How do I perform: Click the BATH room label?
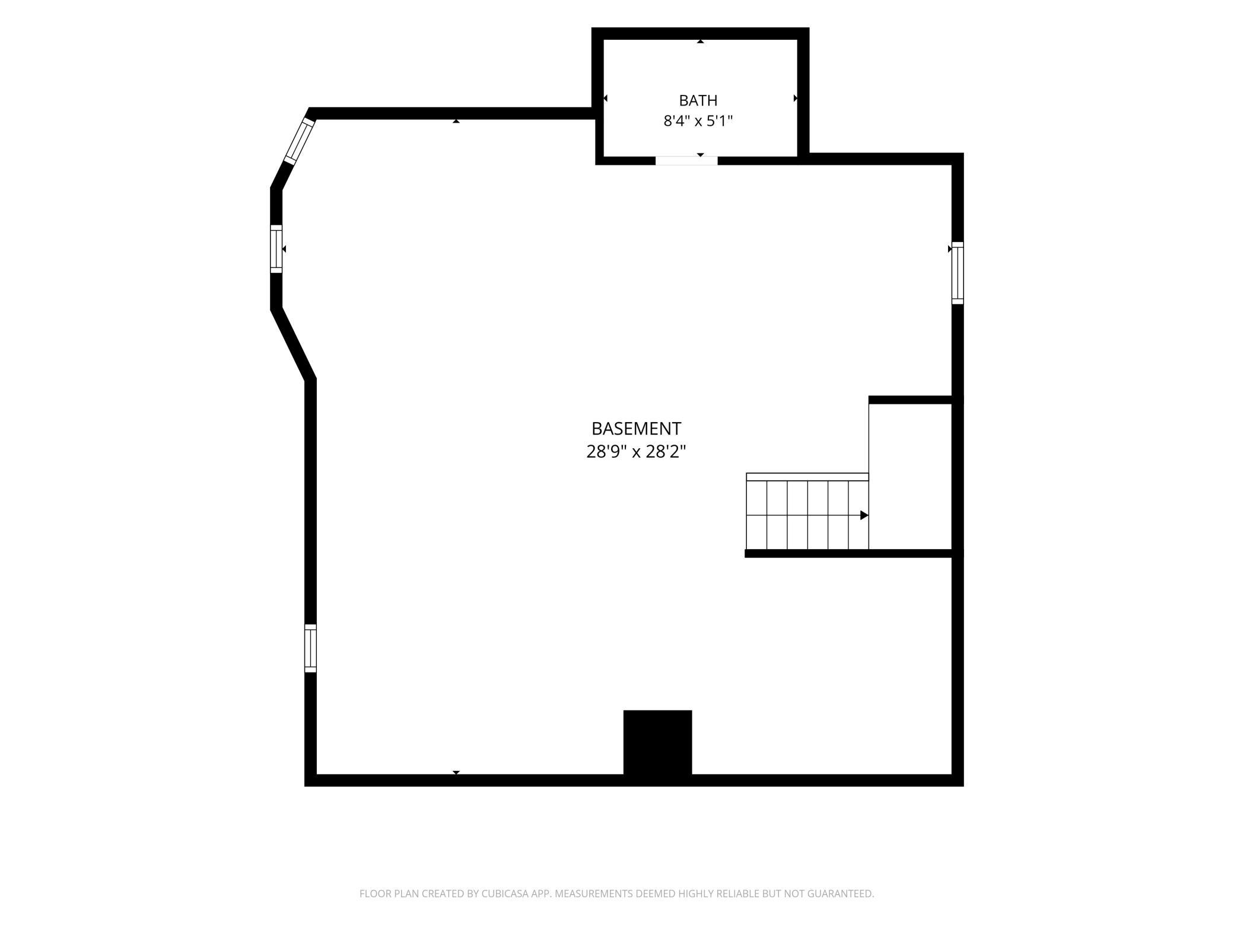pos(698,100)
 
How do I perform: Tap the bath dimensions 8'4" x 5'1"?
pos(698,121)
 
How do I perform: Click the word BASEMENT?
pos(636,428)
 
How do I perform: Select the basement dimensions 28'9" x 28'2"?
pos(636,452)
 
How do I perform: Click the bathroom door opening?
pos(686,161)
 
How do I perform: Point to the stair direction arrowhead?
pos(864,515)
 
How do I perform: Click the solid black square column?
pos(657,742)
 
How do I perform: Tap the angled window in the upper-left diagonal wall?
pos(299,141)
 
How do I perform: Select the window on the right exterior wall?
pos(958,273)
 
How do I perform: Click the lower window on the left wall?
pos(310,648)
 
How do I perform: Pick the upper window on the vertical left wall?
pos(276,249)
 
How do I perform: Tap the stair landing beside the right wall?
pos(910,477)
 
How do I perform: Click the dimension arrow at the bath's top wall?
pos(700,42)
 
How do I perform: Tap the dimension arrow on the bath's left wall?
pos(606,98)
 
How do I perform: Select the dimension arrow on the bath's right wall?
pos(796,98)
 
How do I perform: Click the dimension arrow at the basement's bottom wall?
pos(456,773)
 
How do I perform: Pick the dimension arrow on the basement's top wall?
pos(456,121)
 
